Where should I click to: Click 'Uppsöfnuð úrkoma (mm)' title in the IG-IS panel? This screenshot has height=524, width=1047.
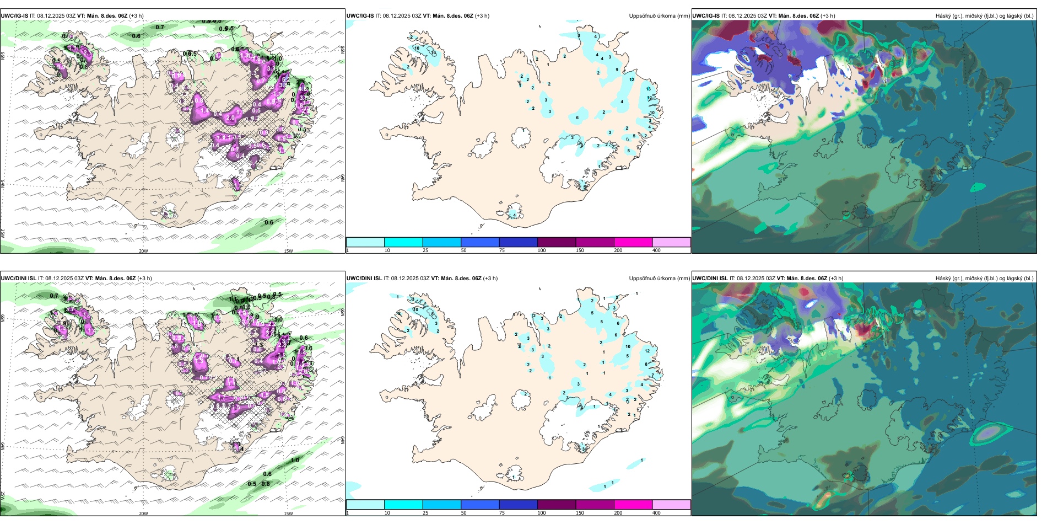pyautogui.click(x=659, y=16)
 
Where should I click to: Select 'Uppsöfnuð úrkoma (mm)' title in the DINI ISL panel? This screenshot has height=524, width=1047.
pyautogui.click(x=659, y=279)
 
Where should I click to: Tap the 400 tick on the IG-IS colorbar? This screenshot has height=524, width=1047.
pyautogui.click(x=656, y=250)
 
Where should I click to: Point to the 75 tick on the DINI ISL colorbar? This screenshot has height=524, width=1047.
pyautogui.click(x=502, y=513)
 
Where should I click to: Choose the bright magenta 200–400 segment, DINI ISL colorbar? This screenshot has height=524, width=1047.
pyautogui.click(x=633, y=505)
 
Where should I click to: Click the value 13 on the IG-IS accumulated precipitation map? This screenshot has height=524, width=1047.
pyautogui.click(x=649, y=89)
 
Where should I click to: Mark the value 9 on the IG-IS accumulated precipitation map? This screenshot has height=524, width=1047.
pyautogui.click(x=617, y=70)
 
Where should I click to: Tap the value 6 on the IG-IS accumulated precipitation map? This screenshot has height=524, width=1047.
pyautogui.click(x=578, y=117)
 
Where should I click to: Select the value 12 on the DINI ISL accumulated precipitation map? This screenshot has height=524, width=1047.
pyautogui.click(x=647, y=351)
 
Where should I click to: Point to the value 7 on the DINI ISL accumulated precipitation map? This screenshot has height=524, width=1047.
pyautogui.click(x=652, y=376)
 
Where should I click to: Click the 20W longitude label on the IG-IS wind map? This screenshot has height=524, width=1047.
pyautogui.click(x=143, y=251)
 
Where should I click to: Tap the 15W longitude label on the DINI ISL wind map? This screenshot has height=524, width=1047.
pyautogui.click(x=288, y=514)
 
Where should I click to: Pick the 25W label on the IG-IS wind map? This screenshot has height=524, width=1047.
pyautogui.click(x=3, y=233)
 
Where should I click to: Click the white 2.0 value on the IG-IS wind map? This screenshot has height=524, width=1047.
pyautogui.click(x=230, y=118)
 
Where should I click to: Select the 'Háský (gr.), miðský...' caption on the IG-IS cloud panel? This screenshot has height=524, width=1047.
pyautogui.click(x=984, y=16)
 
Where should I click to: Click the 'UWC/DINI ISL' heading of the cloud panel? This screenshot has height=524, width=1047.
pyautogui.click(x=710, y=279)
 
